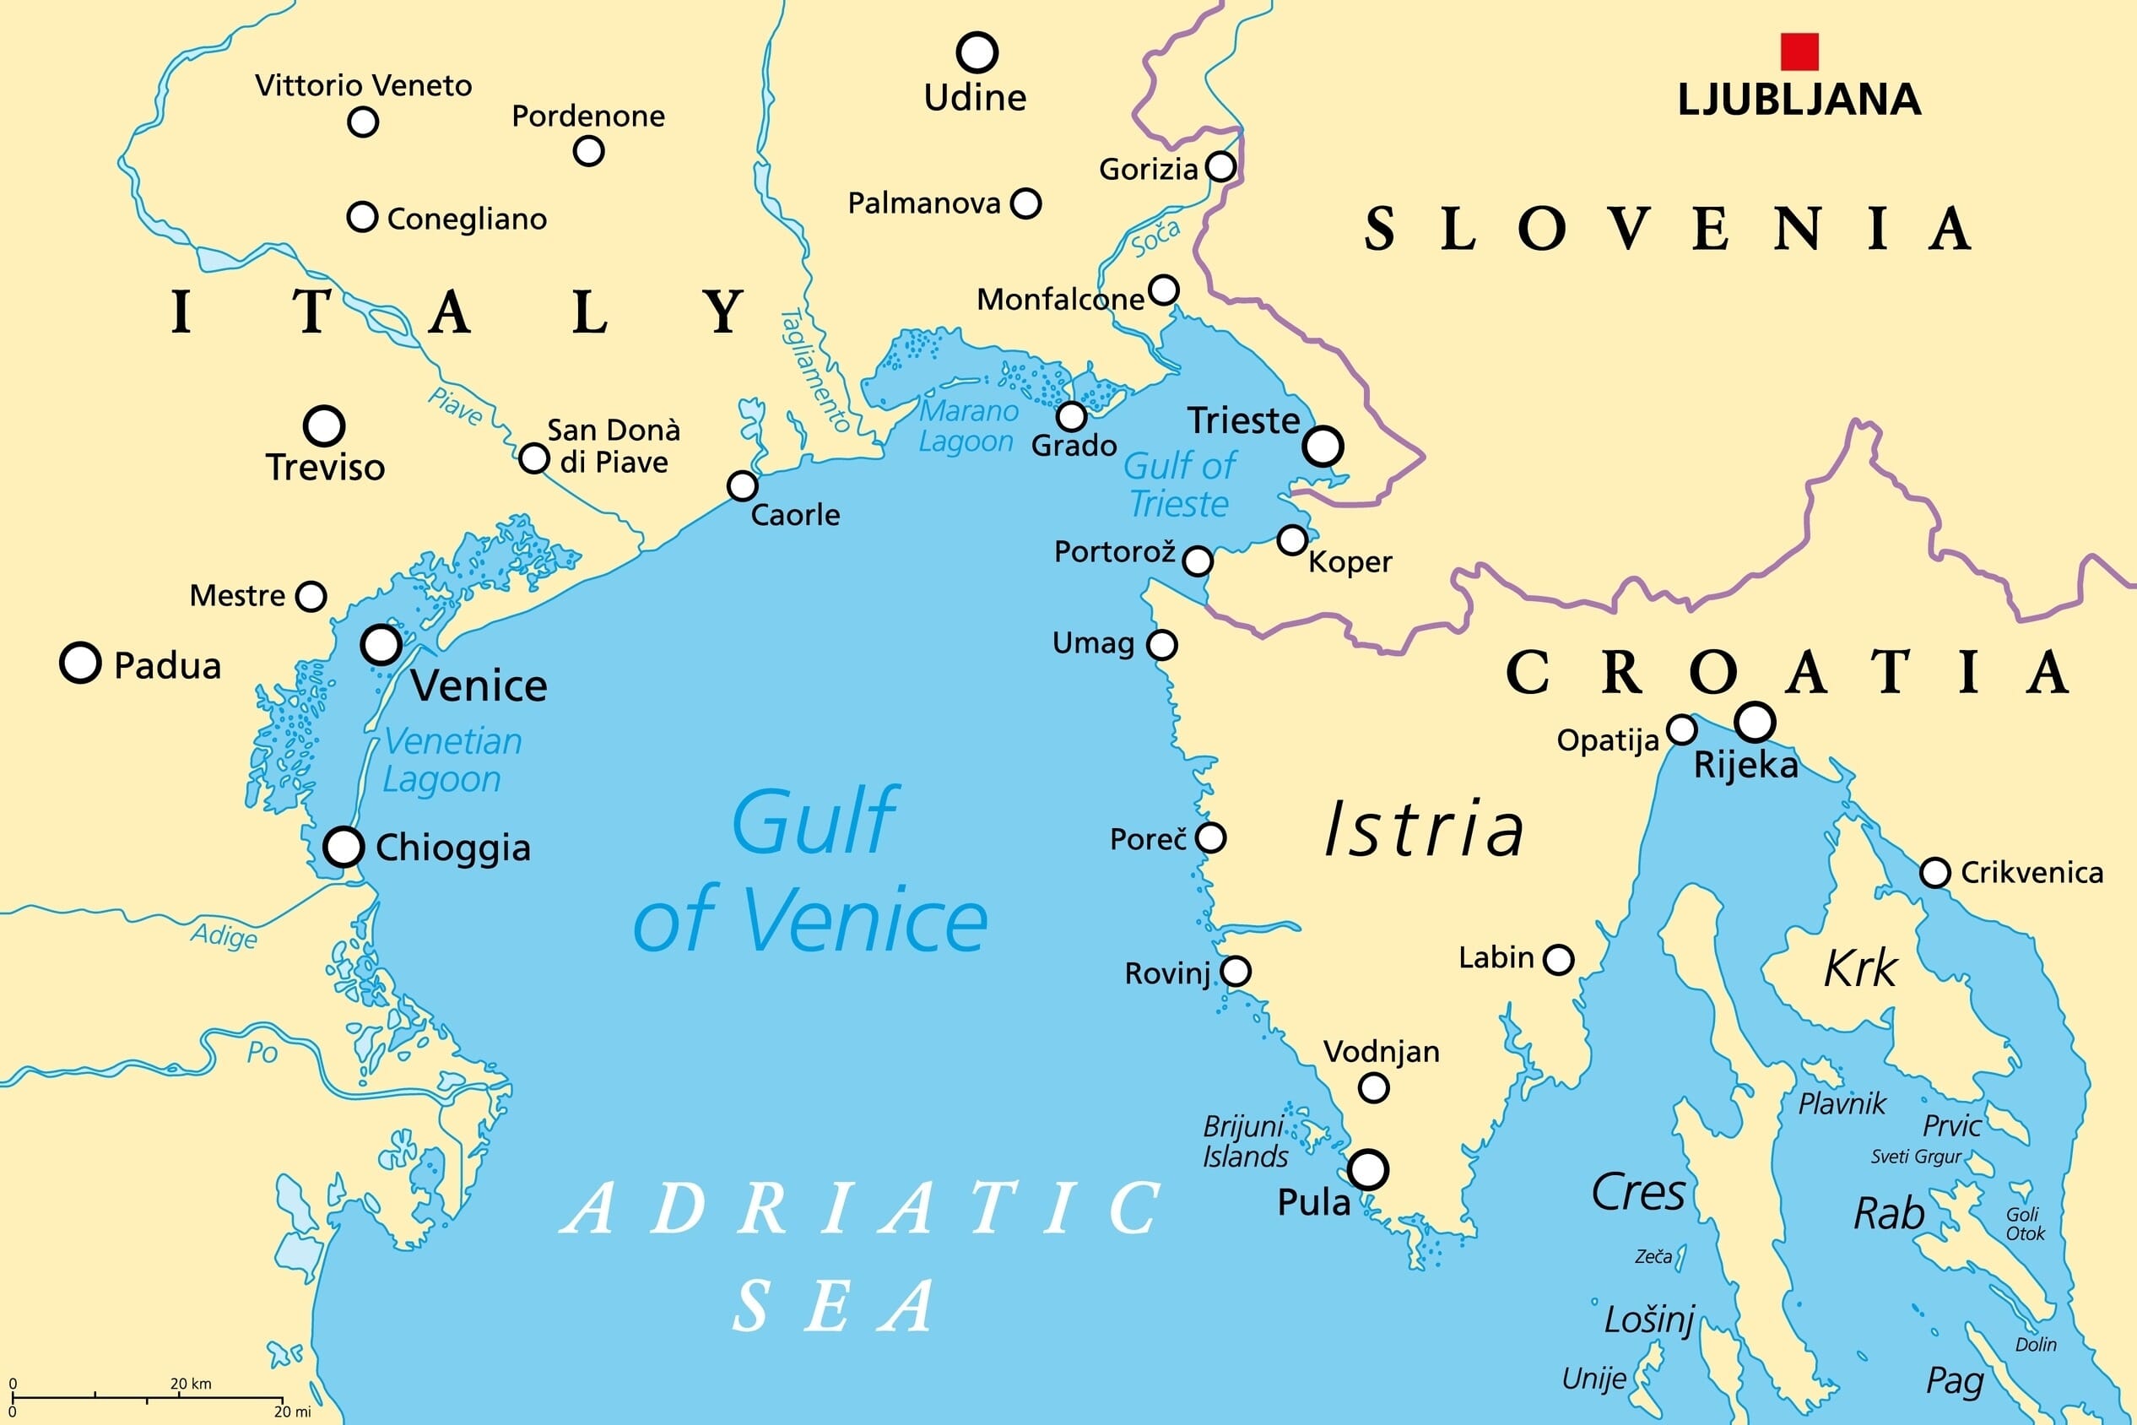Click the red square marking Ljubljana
pos(1799,51)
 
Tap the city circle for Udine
pos(977,52)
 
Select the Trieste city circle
pos(1323,447)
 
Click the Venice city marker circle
pos(381,644)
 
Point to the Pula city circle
pos(1367,1169)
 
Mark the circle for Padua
pos(80,663)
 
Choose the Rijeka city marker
pos(1755,723)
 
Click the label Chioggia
pos(452,848)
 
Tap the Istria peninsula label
pos(1424,829)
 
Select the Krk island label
pos(1861,968)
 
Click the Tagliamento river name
pos(815,371)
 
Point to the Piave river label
pos(455,406)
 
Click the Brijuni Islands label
pos(1245,1141)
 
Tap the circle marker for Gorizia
pos(1220,167)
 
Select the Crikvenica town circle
pos(1934,872)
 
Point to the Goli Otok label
pos(2025,1224)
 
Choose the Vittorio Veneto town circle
pos(363,122)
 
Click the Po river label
pos(262,1053)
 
